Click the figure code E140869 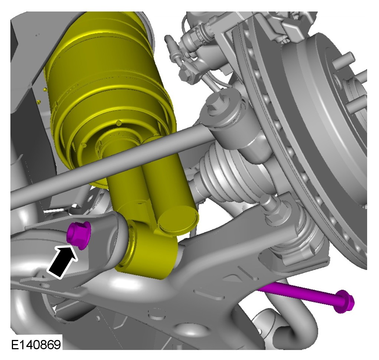pos(36,344)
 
